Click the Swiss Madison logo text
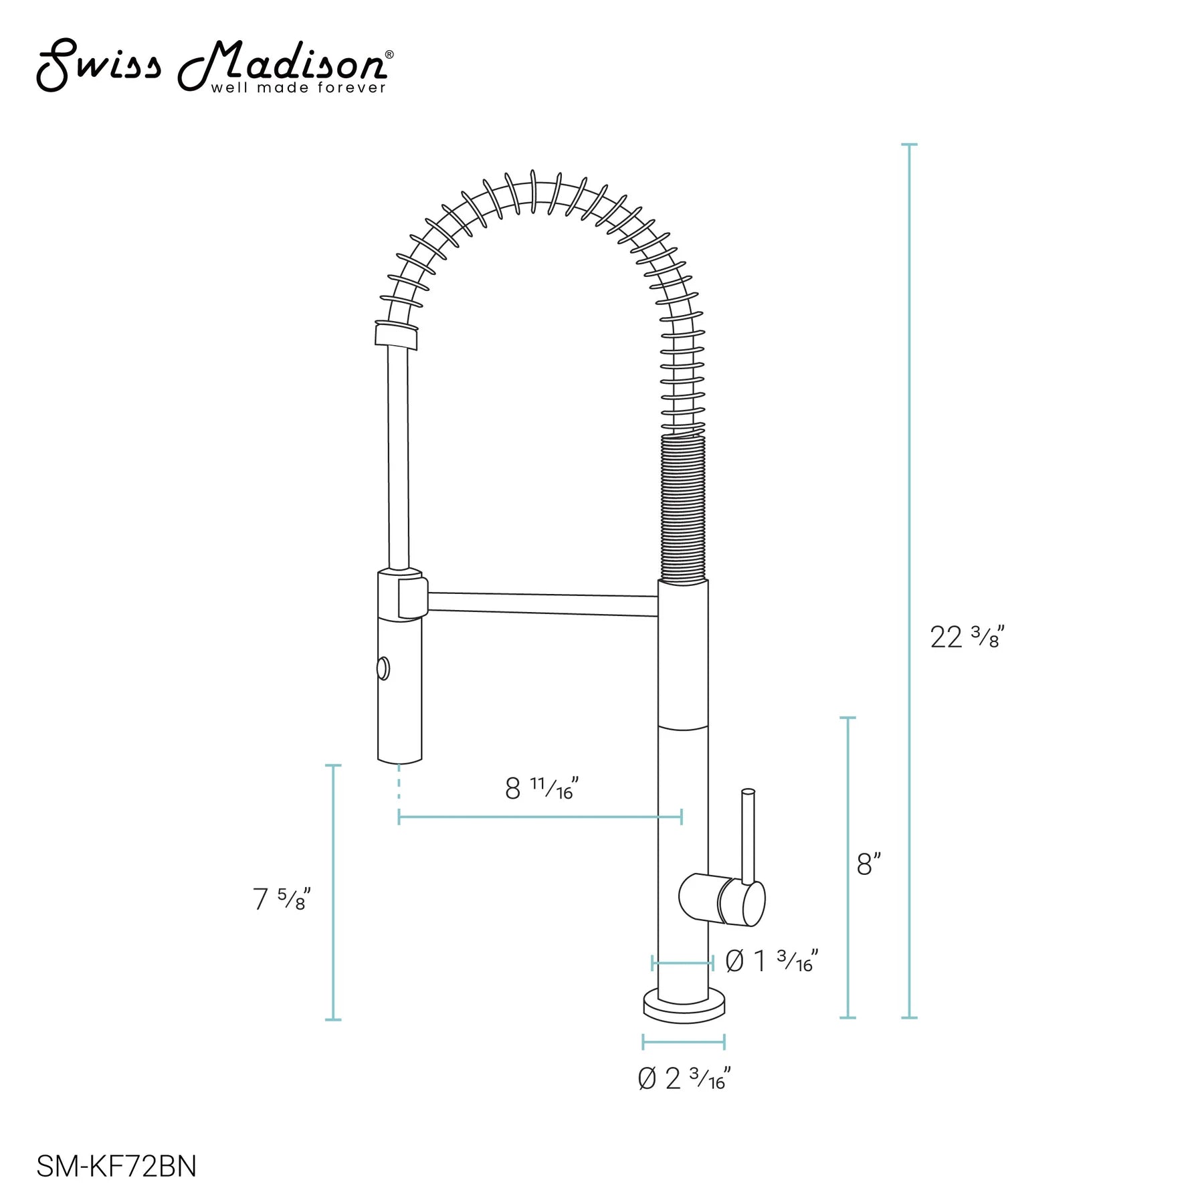[x=214, y=66]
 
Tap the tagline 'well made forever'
[x=298, y=88]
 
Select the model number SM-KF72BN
[x=116, y=1166]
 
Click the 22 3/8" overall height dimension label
[x=967, y=637]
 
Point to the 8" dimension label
[x=868, y=865]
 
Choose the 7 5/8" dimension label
[x=282, y=899]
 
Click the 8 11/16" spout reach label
[x=541, y=789]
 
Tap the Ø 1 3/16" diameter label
[x=771, y=962]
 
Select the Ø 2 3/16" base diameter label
[x=684, y=1078]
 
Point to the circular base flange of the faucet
[x=684, y=1007]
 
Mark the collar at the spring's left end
[x=396, y=336]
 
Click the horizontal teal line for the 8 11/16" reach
[x=540, y=817]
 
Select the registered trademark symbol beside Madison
[x=389, y=55]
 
